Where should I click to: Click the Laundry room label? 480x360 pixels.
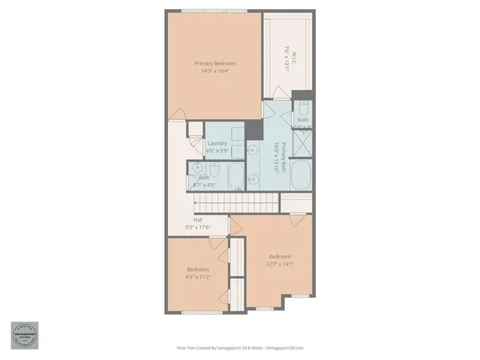pyautogui.click(x=217, y=143)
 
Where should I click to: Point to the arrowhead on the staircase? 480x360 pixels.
pyautogui.click(x=196, y=201)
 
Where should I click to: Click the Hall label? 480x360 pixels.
pyautogui.click(x=198, y=220)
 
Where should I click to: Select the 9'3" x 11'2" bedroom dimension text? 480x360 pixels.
pyautogui.click(x=198, y=277)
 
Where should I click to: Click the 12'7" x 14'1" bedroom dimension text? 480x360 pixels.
pyautogui.click(x=280, y=263)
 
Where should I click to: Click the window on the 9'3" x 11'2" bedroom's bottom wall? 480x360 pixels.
pyautogui.click(x=199, y=310)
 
